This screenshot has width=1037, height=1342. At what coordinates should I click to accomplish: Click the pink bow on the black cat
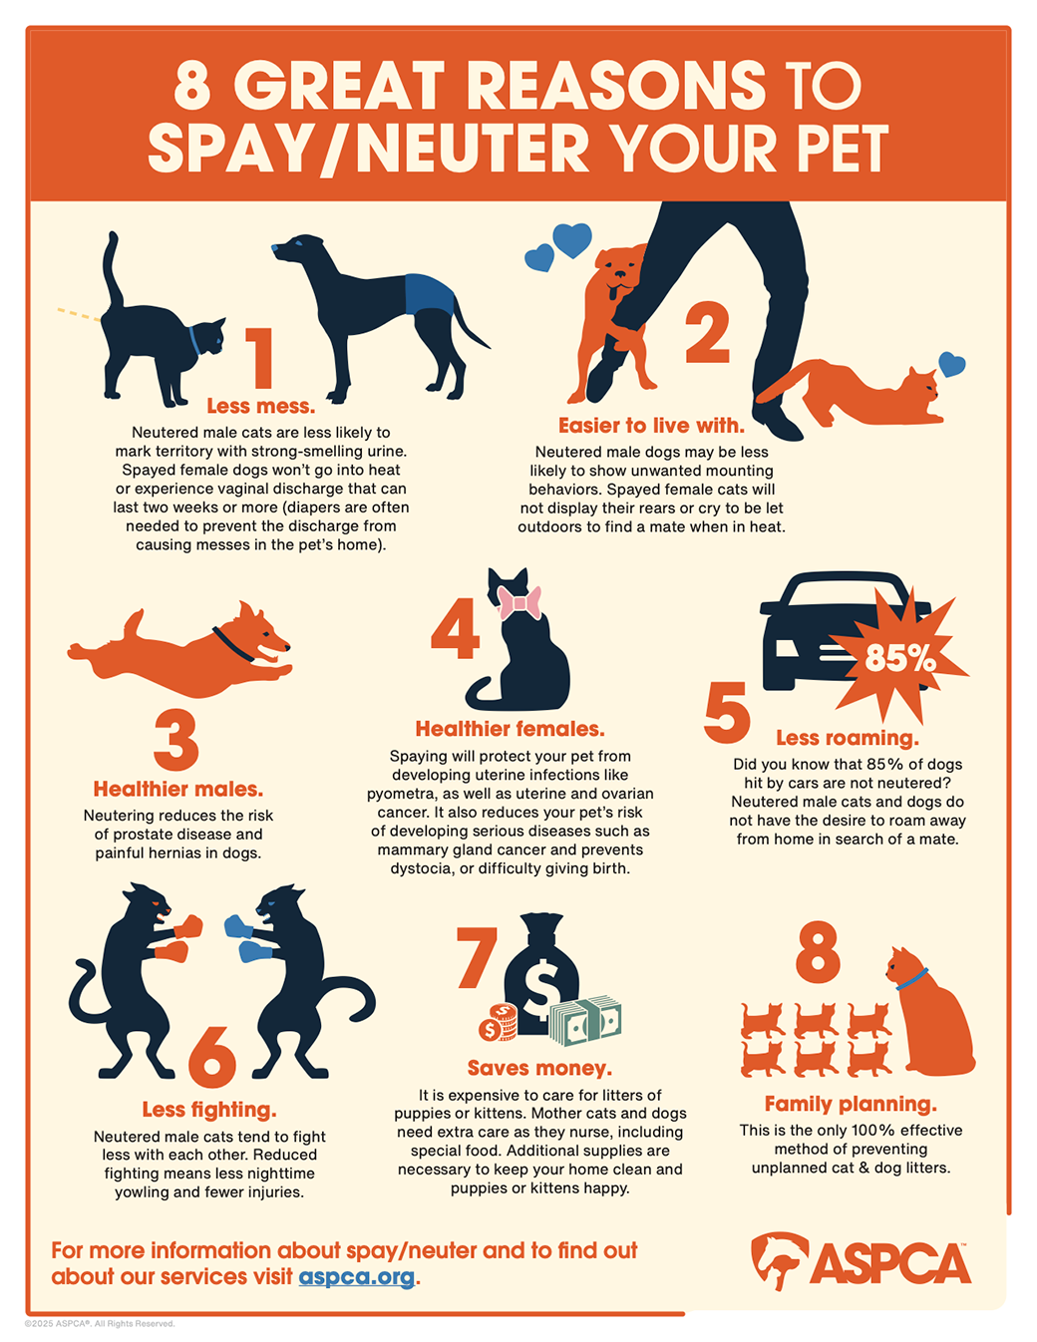tap(519, 603)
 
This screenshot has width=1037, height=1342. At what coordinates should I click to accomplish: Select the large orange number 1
tap(259, 359)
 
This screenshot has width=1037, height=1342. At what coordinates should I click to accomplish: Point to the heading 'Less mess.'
tap(260, 406)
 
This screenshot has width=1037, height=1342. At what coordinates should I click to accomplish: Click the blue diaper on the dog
tap(430, 295)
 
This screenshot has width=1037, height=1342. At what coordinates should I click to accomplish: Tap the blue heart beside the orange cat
tap(952, 364)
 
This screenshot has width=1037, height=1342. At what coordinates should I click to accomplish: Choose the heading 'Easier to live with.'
tap(651, 426)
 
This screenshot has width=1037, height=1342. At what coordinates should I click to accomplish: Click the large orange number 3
tap(176, 741)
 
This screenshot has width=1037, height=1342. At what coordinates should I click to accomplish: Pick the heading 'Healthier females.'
tap(510, 729)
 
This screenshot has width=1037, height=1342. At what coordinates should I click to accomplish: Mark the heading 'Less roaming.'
tap(848, 738)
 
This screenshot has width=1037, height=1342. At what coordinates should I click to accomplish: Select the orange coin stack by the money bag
tap(498, 1022)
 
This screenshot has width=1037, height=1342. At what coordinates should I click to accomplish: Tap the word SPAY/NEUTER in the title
tap(369, 149)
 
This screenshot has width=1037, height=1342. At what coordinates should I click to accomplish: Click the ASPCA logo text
tap(890, 1263)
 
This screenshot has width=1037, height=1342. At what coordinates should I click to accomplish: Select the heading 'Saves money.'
tap(539, 1068)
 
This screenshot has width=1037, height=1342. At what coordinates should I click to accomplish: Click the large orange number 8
tap(817, 952)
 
